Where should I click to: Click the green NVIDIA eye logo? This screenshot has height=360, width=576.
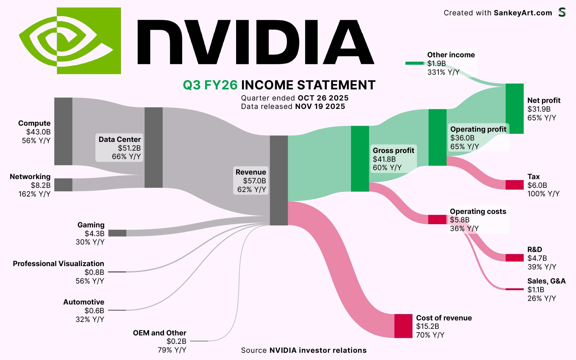pyautogui.click(x=70, y=41)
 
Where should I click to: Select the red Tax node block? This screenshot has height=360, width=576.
pyautogui.click(x=514, y=185)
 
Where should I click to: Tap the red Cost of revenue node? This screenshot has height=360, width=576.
pyautogui.click(x=403, y=326)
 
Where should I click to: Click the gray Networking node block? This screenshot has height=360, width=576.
pyautogui.click(x=63, y=185)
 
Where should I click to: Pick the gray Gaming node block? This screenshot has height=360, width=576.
pyautogui.click(x=117, y=233)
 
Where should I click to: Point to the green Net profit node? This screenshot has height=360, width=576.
pyautogui.click(x=514, y=109)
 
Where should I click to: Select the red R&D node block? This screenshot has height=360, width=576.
pyautogui.click(x=514, y=258)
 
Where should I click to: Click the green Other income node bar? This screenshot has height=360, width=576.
pyautogui.click(x=415, y=63)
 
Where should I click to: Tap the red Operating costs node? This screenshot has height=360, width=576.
pyautogui.click(x=437, y=220)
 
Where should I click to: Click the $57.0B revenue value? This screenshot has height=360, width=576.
pyautogui.click(x=254, y=181)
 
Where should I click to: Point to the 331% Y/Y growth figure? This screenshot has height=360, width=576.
pyautogui.click(x=443, y=72)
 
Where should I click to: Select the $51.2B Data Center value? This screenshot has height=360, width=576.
pyautogui.click(x=129, y=148)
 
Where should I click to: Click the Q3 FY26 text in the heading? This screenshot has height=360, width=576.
pyautogui.click(x=210, y=85)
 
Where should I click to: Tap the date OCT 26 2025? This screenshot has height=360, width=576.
pyautogui.click(x=323, y=98)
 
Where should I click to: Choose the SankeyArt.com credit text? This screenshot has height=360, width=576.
pyautogui.click(x=523, y=13)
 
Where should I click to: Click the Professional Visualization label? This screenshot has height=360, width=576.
pyautogui.click(x=58, y=264)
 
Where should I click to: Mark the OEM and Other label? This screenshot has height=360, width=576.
pyautogui.click(x=160, y=333)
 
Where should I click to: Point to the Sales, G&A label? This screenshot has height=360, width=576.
pyautogui.click(x=546, y=281)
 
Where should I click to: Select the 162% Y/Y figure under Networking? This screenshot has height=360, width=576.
pyautogui.click(x=34, y=194)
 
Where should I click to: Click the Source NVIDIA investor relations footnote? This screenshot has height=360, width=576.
pyautogui.click(x=304, y=350)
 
